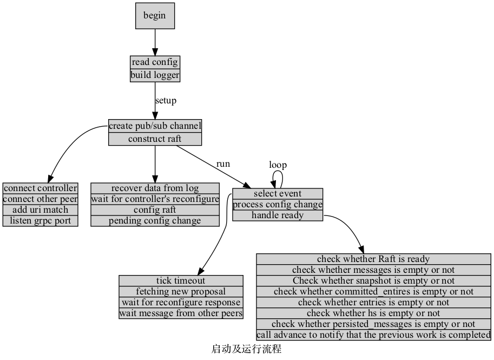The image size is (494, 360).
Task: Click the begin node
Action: tap(155, 15)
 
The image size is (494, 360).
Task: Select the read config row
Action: tap(155, 62)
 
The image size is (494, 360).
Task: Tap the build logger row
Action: tap(155, 75)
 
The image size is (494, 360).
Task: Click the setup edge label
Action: tap(166, 100)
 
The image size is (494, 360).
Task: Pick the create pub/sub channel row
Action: tap(155, 126)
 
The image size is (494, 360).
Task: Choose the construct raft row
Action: tap(155, 139)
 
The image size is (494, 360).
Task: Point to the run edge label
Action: tap(223, 163)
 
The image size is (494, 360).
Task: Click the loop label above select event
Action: tap(278, 165)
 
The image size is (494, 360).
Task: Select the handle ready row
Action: tap(278, 215)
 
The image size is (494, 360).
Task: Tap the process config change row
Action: tap(278, 205)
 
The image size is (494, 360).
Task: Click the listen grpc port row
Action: tap(41, 221)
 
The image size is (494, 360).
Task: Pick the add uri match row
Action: tap(41, 210)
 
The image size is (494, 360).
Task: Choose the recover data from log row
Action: tap(155, 188)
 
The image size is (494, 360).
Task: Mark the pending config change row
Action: tap(155, 221)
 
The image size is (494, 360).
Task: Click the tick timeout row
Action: tap(181, 280)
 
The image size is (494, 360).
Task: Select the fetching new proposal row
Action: tap(181, 291)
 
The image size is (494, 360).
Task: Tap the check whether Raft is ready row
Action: tap(373, 259)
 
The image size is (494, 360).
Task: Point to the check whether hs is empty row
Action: tap(373, 313)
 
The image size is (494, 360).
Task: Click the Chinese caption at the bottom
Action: tap(246, 349)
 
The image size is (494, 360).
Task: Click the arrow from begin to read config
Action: tap(155, 42)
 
